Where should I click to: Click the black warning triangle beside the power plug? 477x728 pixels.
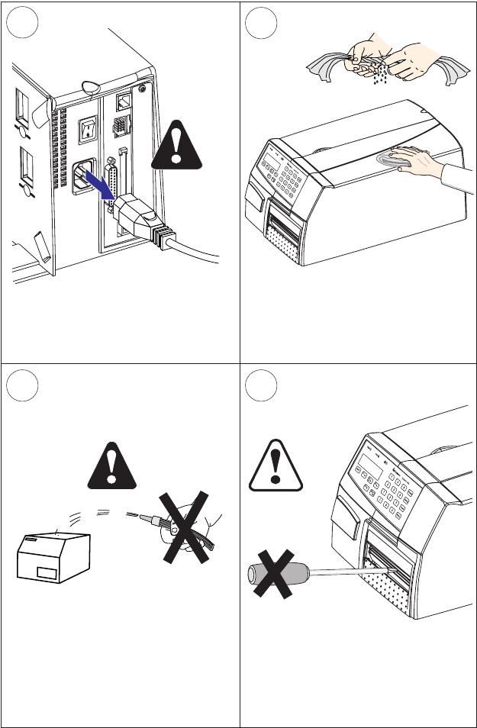(178, 146)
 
